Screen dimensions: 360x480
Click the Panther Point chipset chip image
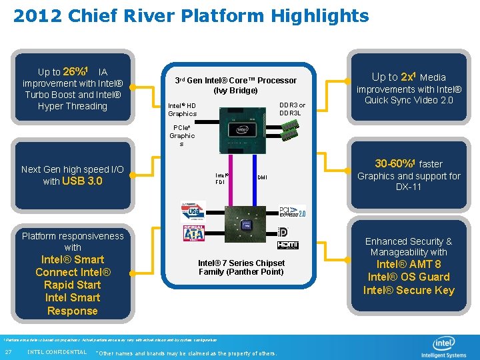pos(243,224)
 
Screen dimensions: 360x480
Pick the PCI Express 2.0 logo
pos(292,211)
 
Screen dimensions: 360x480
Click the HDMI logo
pos(288,245)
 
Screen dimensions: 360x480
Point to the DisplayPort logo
pos(283,231)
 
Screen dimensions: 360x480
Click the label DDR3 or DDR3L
pos(292,109)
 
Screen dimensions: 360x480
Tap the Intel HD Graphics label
pos(182,109)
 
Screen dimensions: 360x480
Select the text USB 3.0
pos(82,181)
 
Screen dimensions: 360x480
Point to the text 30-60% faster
pos(409,163)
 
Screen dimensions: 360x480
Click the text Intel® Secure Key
pos(409,290)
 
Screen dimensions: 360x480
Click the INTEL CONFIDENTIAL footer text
pos(57,352)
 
